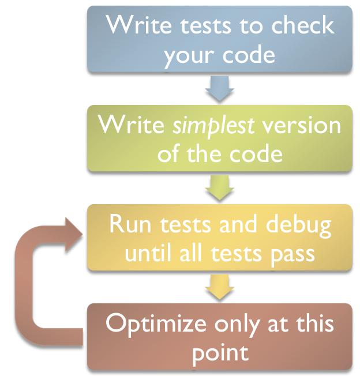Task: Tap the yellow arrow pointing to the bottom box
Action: (219, 287)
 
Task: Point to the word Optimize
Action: (154, 324)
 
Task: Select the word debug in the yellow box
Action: (303, 225)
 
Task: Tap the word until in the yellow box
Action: (145, 253)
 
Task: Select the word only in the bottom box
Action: (236, 324)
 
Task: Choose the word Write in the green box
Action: (131, 126)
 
